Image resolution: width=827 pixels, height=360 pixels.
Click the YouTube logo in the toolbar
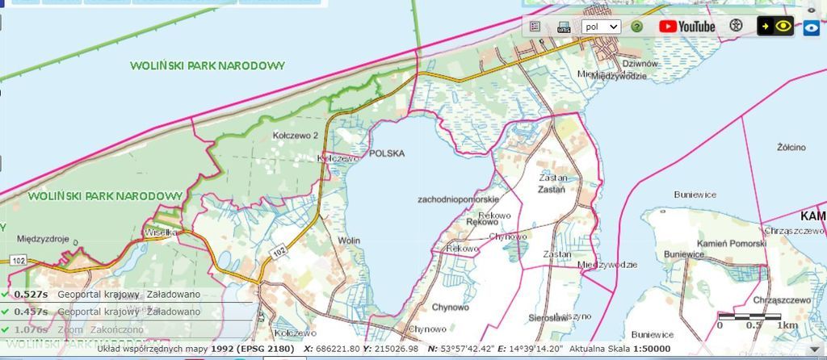(x=687, y=26)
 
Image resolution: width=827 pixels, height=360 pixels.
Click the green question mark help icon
(x=636, y=26)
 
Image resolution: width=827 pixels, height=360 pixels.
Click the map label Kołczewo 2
(x=296, y=135)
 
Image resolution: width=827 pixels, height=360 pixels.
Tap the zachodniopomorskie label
(x=460, y=199)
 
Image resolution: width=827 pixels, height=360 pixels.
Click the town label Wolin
(x=349, y=241)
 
